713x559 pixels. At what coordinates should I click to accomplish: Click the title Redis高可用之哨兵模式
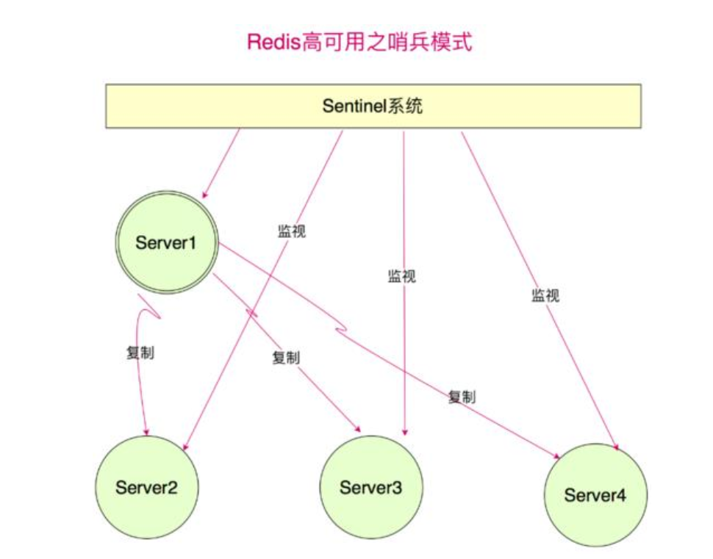click(359, 42)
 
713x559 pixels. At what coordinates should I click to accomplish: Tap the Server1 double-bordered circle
click(167, 242)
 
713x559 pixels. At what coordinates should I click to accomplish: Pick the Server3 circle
click(371, 488)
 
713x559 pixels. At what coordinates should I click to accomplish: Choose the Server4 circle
click(595, 494)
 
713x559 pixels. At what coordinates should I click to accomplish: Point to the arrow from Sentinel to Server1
click(222, 163)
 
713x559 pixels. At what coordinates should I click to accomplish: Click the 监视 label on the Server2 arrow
click(291, 231)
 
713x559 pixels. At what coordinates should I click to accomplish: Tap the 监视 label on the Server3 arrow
click(401, 277)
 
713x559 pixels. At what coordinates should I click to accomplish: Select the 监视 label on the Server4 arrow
click(545, 295)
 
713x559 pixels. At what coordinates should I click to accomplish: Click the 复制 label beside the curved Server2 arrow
click(140, 352)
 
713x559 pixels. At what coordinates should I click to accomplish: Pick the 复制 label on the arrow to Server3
click(286, 358)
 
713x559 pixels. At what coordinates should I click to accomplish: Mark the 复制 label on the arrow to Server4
click(462, 397)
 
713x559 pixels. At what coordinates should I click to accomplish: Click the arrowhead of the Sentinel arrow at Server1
click(205, 195)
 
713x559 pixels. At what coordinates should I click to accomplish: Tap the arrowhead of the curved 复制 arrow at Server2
click(147, 431)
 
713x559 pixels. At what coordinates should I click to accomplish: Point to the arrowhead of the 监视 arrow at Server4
click(615, 446)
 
